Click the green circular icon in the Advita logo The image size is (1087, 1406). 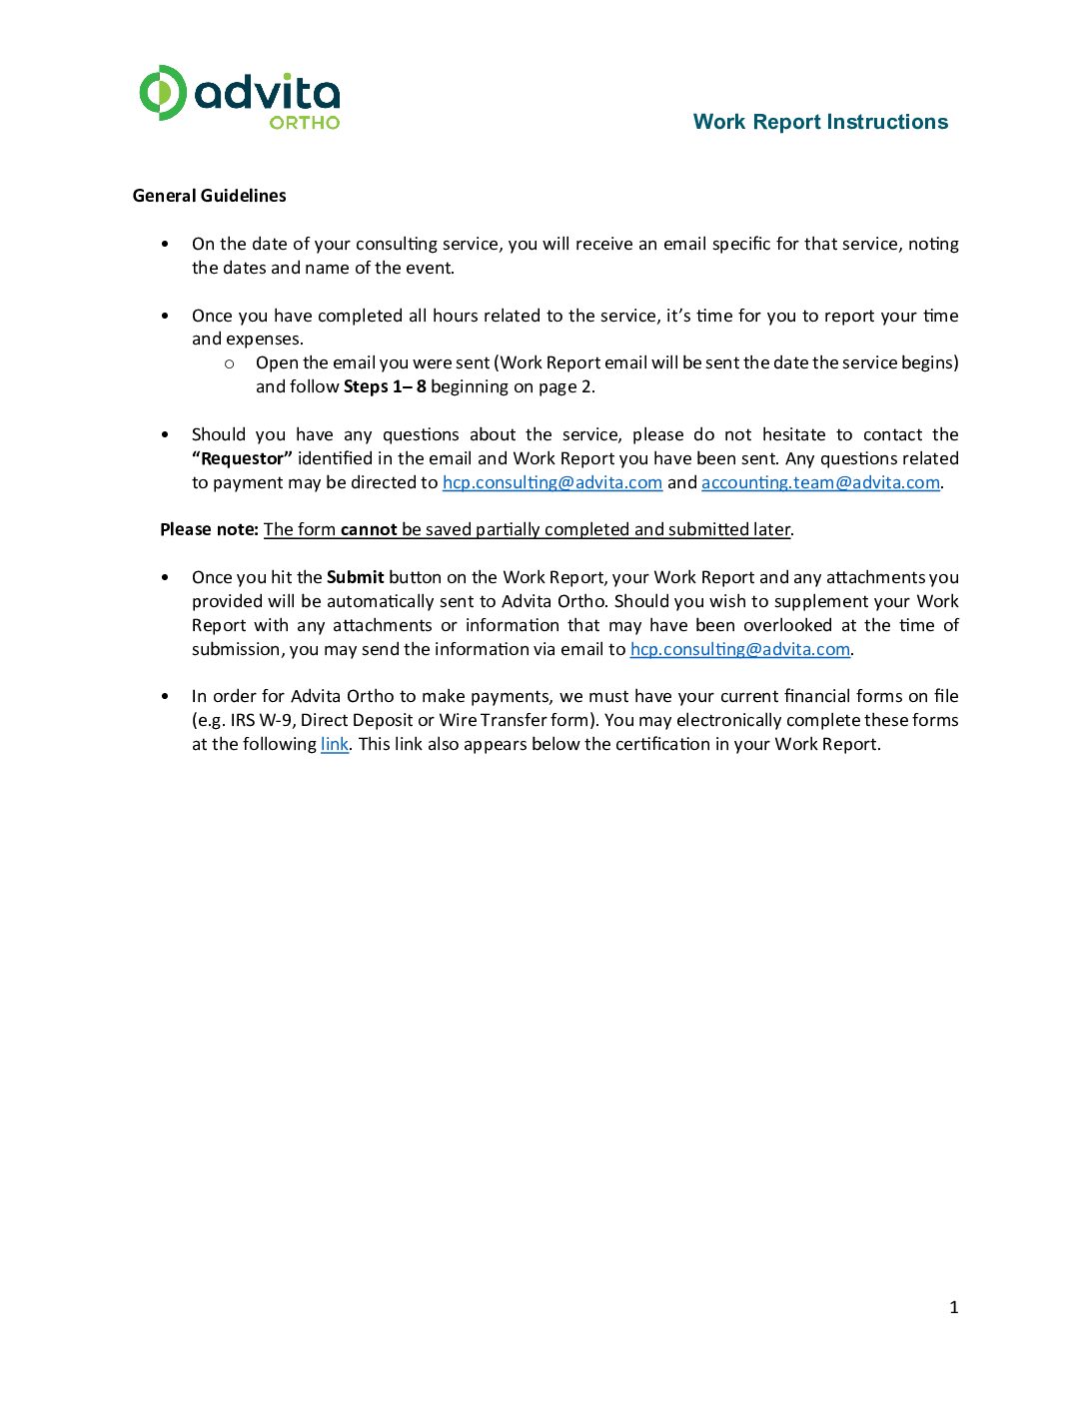coord(162,93)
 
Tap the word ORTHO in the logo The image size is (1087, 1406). coord(305,122)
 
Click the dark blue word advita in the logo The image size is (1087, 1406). coord(267,93)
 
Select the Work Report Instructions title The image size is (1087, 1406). coord(820,122)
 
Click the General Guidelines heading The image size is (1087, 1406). coord(209,196)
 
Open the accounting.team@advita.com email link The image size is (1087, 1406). coord(820,482)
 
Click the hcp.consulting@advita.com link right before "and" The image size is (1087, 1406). coord(552,482)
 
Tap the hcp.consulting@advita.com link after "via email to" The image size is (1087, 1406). coord(739,649)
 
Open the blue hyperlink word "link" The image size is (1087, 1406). coord(334,744)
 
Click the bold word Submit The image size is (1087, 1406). coord(355,577)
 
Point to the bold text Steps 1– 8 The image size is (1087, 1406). coord(385,386)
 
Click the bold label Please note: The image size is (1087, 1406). coord(209,529)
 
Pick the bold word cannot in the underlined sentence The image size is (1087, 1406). coord(369,529)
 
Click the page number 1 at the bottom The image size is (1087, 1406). coord(953,1307)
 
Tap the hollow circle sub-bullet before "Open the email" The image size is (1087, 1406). coord(230,363)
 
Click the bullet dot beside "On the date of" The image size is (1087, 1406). coord(165,245)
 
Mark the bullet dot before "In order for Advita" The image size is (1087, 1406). coord(165,697)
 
